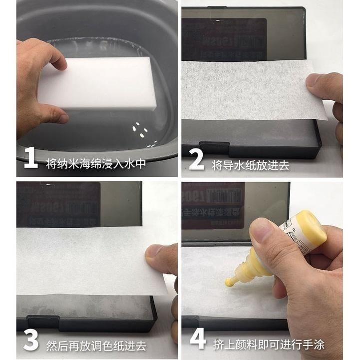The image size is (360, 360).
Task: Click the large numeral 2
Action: click(x=196, y=159)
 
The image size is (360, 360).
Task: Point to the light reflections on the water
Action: click(x=140, y=131)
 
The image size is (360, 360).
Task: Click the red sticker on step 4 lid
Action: click(x=212, y=205)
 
